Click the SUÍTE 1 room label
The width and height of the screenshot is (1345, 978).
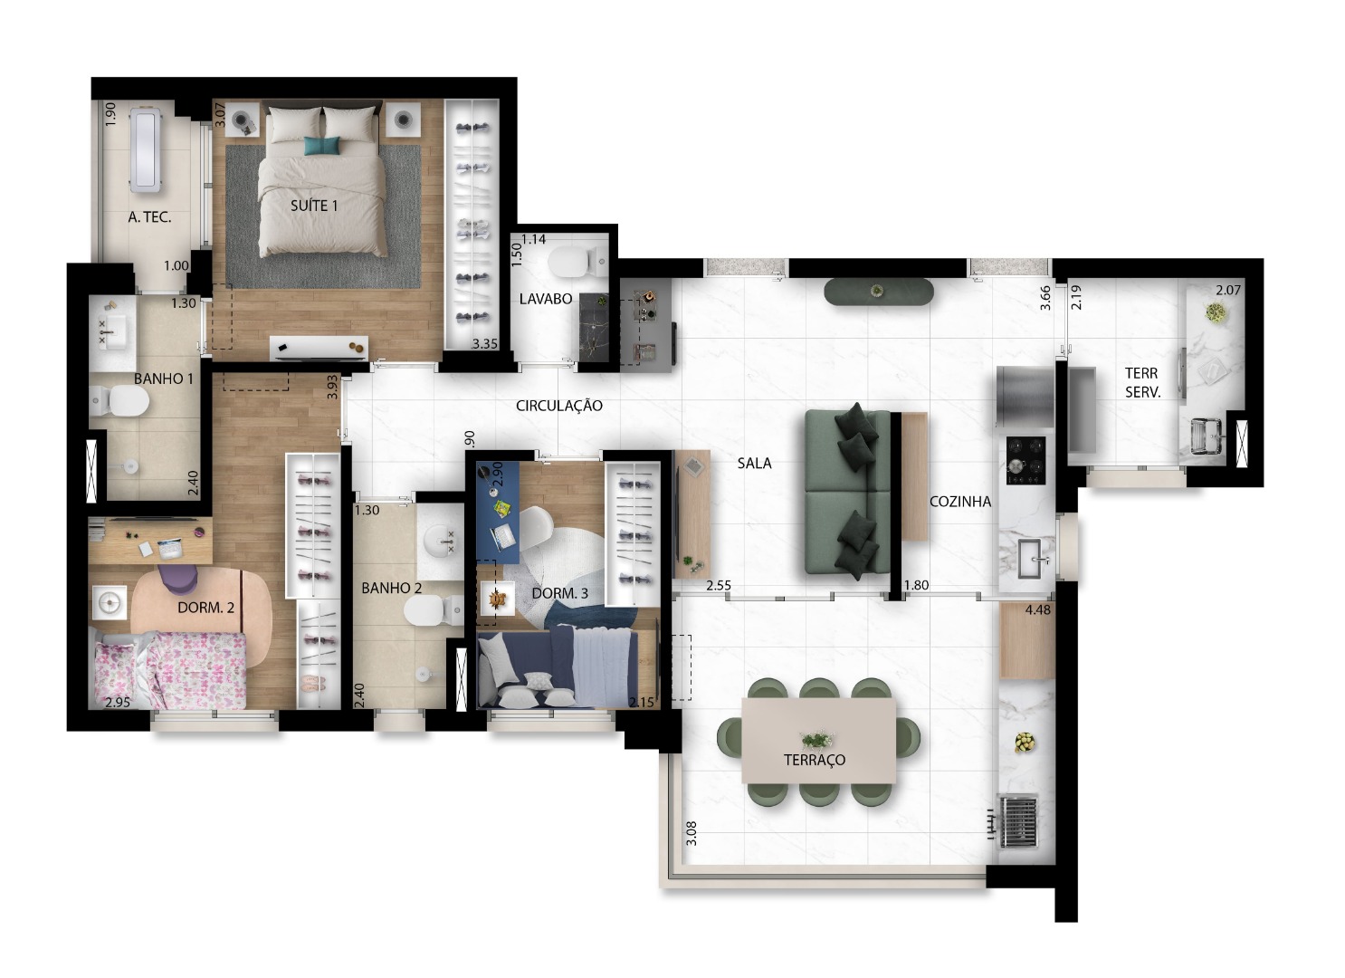click(x=313, y=206)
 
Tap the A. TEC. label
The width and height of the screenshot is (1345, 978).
click(x=149, y=217)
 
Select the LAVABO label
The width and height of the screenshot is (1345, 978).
click(x=545, y=299)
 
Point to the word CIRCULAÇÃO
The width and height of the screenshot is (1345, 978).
click(x=558, y=406)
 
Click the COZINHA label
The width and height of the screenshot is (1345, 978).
click(x=959, y=502)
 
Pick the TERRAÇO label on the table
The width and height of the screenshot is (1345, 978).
click(x=814, y=760)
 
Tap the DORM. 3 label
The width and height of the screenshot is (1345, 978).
click(x=559, y=593)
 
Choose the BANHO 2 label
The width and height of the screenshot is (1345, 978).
click(x=391, y=588)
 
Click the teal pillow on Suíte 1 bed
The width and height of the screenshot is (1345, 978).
click(x=321, y=145)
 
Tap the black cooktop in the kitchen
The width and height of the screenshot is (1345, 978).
click(x=1025, y=459)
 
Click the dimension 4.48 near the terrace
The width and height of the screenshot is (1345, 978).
click(x=1037, y=609)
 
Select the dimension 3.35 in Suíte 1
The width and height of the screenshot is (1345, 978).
click(x=485, y=344)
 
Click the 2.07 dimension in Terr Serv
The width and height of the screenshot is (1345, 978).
click(x=1227, y=291)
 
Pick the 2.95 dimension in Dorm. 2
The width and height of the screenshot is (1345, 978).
click(x=117, y=703)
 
